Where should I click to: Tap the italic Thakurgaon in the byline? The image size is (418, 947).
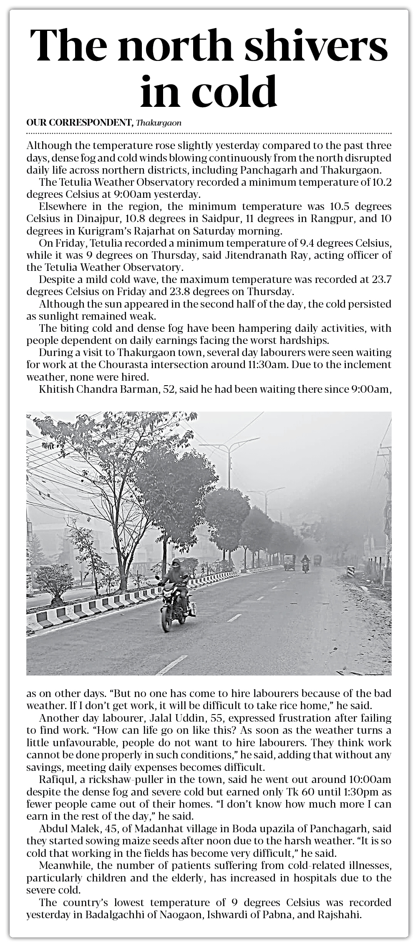click(159, 123)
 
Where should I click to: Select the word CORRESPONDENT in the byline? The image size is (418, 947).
click(90, 123)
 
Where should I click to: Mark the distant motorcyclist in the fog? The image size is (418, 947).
click(305, 563)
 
